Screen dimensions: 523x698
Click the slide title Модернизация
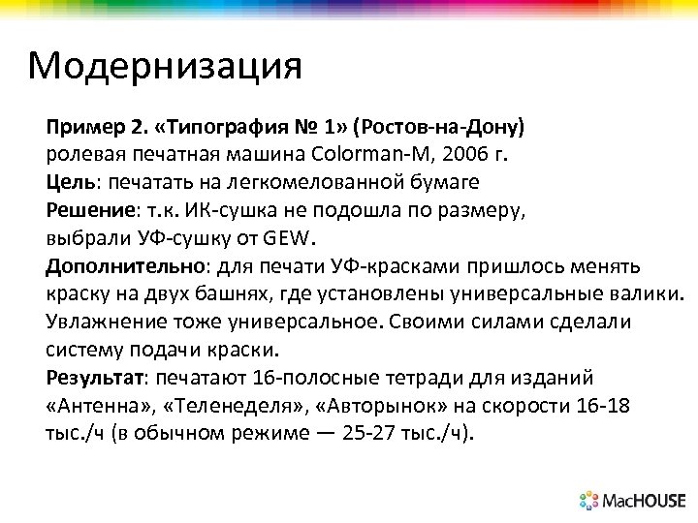pos(165,67)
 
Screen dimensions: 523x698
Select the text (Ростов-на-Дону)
pos(439,128)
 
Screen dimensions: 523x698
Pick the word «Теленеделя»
pos(217,405)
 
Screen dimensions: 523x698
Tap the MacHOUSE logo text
pos(644,501)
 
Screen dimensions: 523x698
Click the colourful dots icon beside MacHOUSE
pos(589,501)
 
